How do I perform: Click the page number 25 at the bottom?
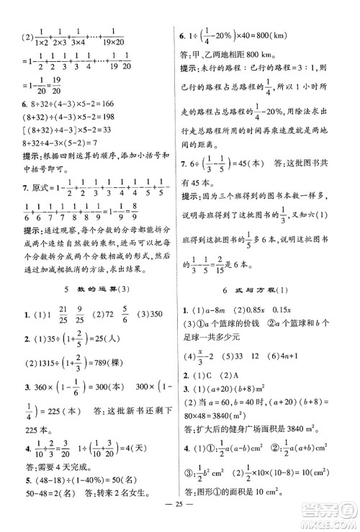[179, 514]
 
